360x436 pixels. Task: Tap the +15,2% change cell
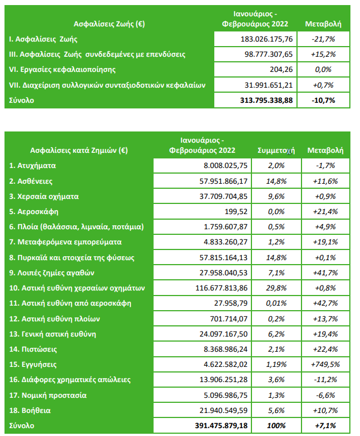(x=323, y=54)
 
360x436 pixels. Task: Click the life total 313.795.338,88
(x=262, y=101)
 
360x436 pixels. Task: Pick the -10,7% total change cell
(x=323, y=101)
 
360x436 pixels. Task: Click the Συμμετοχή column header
(x=276, y=151)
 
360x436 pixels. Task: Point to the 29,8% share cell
(x=276, y=288)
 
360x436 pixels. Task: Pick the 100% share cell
(x=276, y=426)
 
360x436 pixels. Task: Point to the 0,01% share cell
(x=276, y=303)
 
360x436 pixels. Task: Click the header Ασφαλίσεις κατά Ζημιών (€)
(x=78, y=151)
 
